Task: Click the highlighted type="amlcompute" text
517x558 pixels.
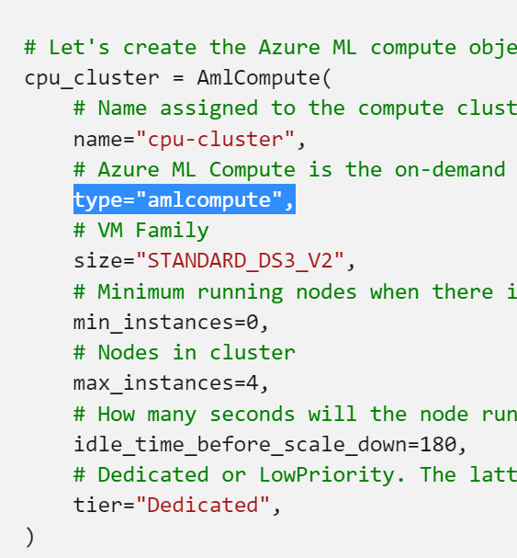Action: tap(184, 199)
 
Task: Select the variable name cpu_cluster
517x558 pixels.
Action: tap(92, 78)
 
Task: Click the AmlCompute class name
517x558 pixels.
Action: tap(259, 77)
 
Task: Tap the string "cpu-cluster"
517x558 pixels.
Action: tap(215, 139)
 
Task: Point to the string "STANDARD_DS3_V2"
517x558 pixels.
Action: tap(240, 261)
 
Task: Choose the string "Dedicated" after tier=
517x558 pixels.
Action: tap(203, 505)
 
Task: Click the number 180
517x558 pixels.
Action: tap(438, 445)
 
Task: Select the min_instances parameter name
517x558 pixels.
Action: tap(153, 323)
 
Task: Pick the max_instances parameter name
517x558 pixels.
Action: tap(153, 383)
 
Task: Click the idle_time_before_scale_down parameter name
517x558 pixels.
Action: tap(240, 445)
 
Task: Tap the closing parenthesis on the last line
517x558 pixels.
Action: tap(30, 537)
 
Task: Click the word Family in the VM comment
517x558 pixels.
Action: tap(172, 231)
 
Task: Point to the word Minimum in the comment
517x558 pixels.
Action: tap(140, 291)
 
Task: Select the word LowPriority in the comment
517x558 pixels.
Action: tap(326, 475)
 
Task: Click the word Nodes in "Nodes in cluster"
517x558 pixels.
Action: tap(129, 353)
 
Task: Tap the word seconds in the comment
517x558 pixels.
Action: tap(253, 414)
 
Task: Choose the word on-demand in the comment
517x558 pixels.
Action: tap(450, 169)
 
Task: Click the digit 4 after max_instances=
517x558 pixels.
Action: tap(253, 383)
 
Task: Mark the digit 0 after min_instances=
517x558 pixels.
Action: tap(253, 323)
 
